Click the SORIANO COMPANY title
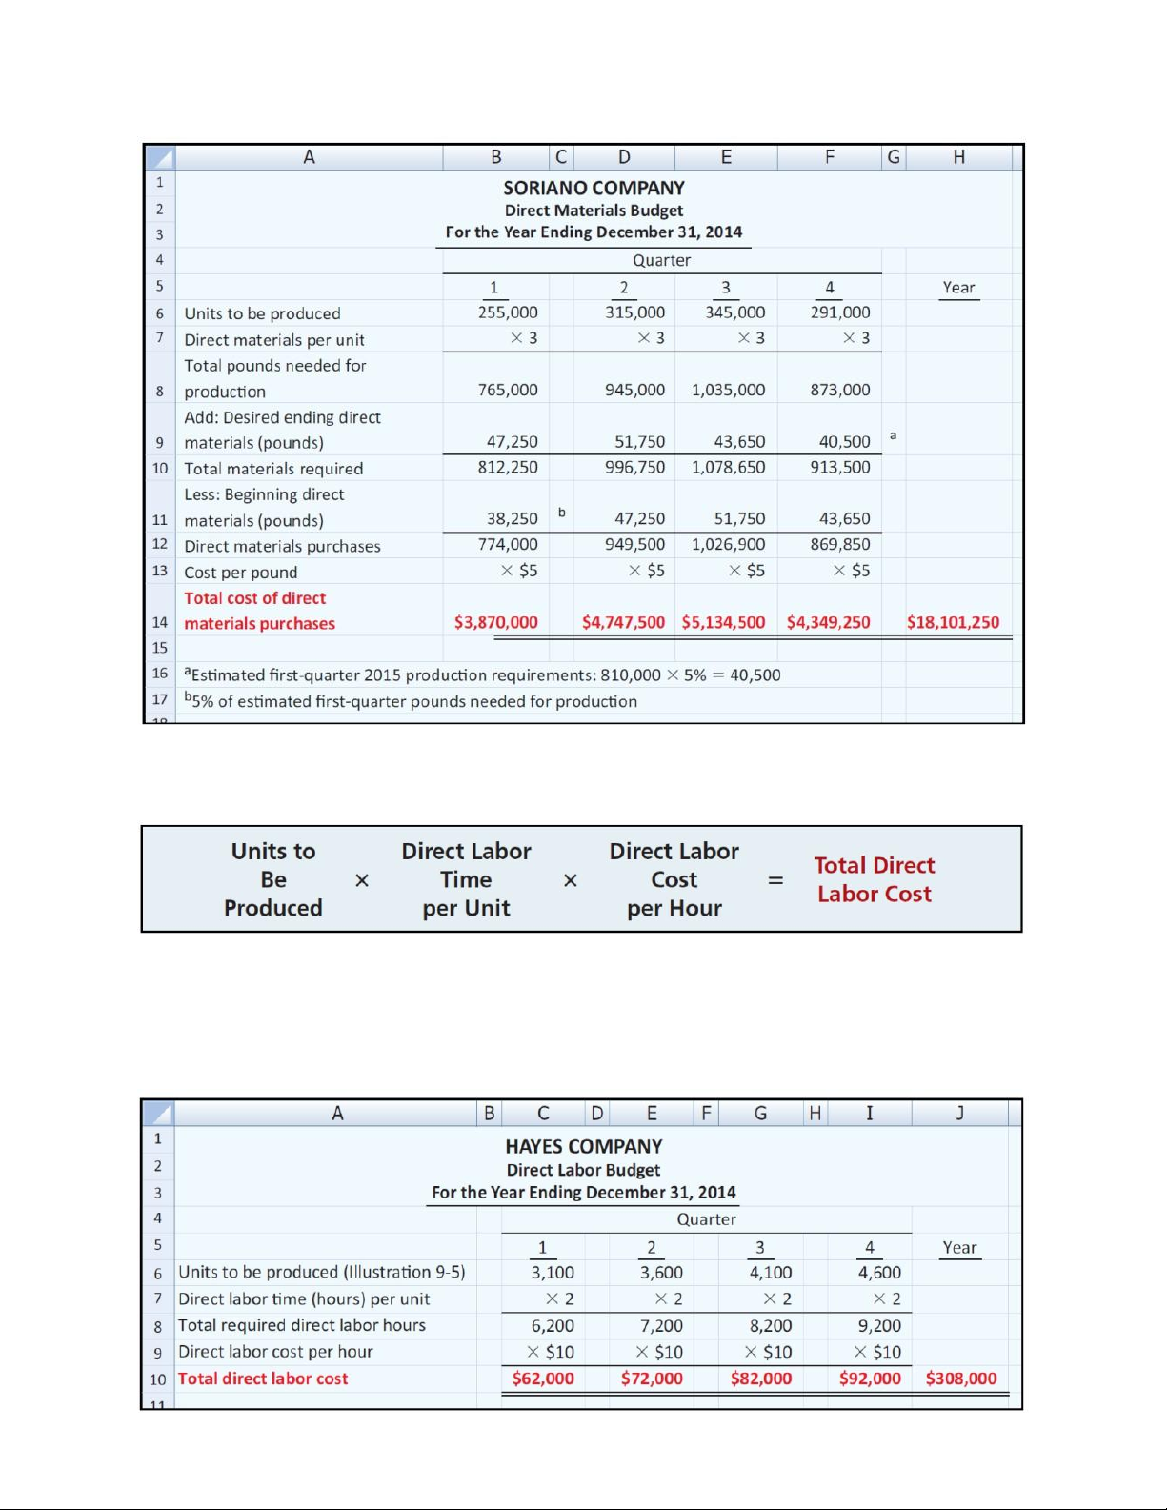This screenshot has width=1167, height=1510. (x=594, y=188)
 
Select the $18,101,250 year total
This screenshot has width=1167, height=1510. (x=953, y=622)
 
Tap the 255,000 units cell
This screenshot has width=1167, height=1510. (x=508, y=312)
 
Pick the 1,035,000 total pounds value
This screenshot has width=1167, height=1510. (x=728, y=390)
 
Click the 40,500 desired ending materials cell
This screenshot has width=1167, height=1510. (x=844, y=442)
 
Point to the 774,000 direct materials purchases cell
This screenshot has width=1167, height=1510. (x=508, y=544)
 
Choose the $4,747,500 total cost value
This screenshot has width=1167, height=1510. (x=623, y=622)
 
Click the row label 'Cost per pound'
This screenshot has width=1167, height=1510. (x=241, y=572)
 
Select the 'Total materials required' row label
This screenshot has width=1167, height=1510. (x=273, y=469)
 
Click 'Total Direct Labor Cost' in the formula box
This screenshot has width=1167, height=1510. (x=874, y=879)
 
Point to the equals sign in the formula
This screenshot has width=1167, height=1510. (x=775, y=880)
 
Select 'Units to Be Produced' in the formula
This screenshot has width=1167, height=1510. (x=273, y=879)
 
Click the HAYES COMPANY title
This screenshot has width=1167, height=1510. (x=583, y=1146)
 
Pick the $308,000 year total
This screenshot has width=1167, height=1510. (x=961, y=1379)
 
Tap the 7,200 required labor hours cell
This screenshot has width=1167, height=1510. (x=661, y=1325)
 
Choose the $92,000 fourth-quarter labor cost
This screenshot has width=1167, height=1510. (x=870, y=1379)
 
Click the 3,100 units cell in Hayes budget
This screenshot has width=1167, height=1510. (x=553, y=1272)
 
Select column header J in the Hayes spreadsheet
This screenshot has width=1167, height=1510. (x=960, y=1113)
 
